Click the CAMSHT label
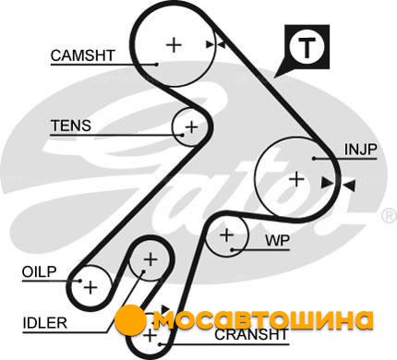click(x=82, y=55)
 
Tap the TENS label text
click(x=71, y=126)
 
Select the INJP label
click(x=360, y=150)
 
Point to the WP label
click(x=278, y=240)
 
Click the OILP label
click(x=40, y=271)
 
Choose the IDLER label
click(x=45, y=323)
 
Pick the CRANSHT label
click(x=251, y=334)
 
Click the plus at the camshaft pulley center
click(x=174, y=45)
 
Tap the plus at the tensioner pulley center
click(x=191, y=126)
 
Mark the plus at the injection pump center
click(x=296, y=179)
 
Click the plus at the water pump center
click(x=227, y=235)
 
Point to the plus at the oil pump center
click(x=90, y=287)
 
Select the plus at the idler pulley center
click(x=150, y=260)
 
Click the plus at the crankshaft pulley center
click(x=150, y=335)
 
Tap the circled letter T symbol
click(x=307, y=48)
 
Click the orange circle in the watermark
click(x=130, y=320)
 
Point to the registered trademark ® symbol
click(x=390, y=216)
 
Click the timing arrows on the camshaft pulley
click(x=216, y=45)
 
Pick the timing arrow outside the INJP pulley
click(x=349, y=186)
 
